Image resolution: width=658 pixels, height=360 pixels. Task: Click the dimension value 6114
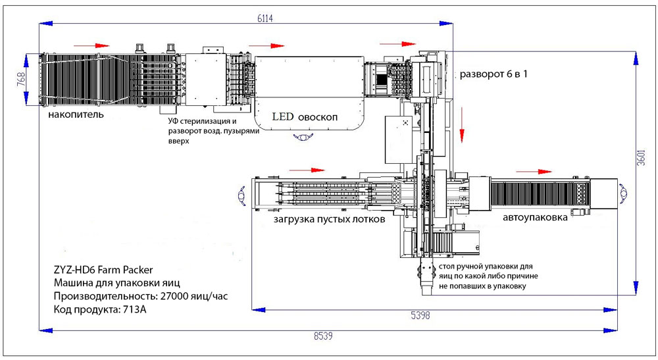point(265,18)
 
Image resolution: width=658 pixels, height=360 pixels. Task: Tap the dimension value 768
point(21,79)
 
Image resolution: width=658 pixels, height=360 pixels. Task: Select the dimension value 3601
point(641,157)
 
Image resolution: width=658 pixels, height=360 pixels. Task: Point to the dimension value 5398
point(420,315)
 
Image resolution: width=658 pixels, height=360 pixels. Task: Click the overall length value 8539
point(323,336)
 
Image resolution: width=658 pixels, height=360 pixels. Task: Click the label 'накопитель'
point(76,114)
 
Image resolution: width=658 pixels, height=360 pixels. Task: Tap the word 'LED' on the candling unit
point(283,116)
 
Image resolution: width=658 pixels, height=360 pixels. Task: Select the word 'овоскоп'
point(318,118)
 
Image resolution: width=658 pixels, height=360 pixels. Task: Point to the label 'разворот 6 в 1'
point(493,74)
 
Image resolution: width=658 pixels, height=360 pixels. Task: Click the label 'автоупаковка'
point(535,217)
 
